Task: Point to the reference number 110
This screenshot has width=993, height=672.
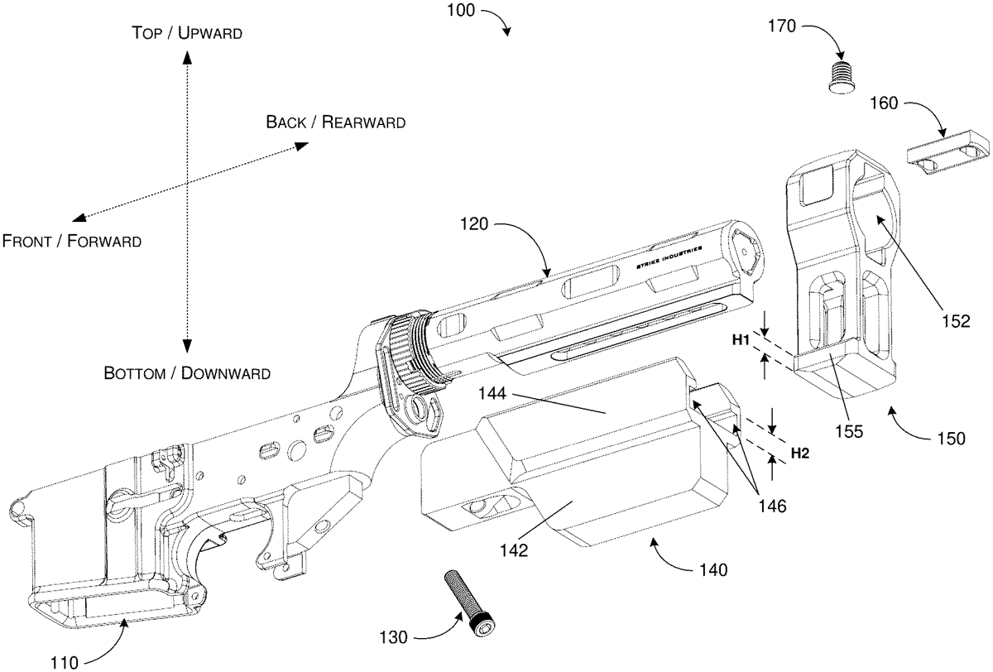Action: pos(64,662)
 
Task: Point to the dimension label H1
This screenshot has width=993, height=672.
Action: pos(741,339)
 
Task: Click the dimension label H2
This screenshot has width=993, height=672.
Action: pos(800,452)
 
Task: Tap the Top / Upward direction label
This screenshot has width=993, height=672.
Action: pos(187,33)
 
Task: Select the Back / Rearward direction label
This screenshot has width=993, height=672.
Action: pos(335,122)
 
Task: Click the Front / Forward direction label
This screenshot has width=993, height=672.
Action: pos(71,242)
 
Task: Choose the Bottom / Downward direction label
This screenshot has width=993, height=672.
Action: pos(187,372)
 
